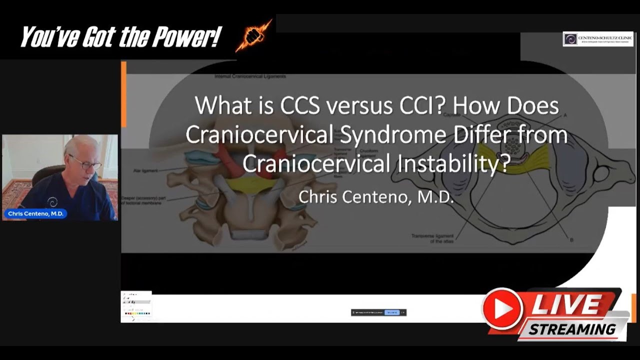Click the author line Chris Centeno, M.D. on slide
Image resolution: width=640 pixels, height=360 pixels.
[x=376, y=196]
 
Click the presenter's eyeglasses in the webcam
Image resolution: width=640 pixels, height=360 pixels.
[x=85, y=162]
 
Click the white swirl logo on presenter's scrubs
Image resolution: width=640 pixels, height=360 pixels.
[x=52, y=202]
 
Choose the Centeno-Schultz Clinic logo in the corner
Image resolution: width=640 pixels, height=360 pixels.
[x=597, y=39]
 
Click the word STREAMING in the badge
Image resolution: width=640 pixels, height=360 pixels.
[x=572, y=329]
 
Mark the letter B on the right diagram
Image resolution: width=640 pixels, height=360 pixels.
[x=571, y=240]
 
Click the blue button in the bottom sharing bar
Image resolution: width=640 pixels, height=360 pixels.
[x=391, y=312]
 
